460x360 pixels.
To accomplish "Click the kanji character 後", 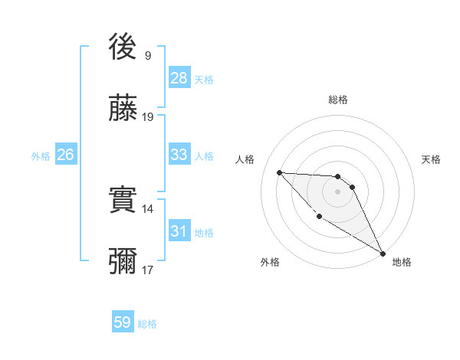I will pos(123,47).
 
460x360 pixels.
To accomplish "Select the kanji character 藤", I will pos(123,110).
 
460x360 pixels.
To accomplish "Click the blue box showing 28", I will pos(179,78).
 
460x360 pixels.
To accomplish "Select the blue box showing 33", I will pos(179,155).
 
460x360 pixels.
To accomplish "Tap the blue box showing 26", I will pos(65,155).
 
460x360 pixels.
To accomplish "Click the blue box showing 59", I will pos(123,322).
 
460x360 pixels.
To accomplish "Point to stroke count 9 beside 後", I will pos(148,55).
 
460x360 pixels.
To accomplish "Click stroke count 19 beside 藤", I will pos(148,117).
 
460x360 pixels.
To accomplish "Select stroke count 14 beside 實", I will pos(148,208).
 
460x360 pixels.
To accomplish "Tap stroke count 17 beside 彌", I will pos(148,270).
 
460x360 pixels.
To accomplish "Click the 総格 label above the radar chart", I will pos(338,100).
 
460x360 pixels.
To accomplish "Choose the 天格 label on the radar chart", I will pos(431,159).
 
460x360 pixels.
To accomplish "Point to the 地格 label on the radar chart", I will pos(402,262).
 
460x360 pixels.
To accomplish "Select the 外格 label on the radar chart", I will pos(269,262).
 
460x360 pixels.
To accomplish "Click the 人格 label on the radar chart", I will pos(245,159).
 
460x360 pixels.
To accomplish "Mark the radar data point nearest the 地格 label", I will pos(383,254).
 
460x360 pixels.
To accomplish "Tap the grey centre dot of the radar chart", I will pos(338,192).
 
